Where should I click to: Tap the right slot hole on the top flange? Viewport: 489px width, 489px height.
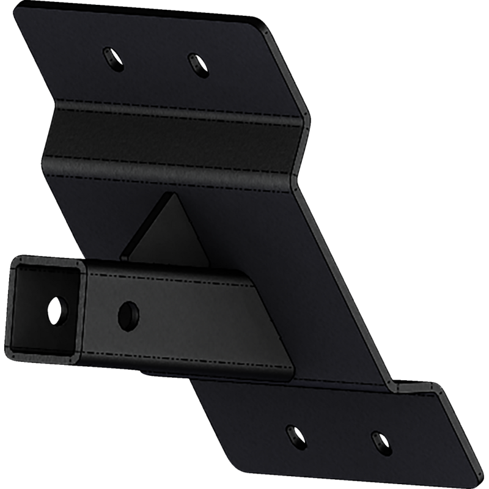[196, 62]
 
